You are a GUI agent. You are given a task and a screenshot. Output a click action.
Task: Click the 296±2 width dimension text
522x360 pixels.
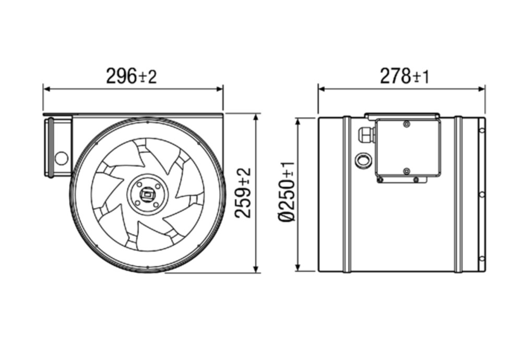[x=131, y=76]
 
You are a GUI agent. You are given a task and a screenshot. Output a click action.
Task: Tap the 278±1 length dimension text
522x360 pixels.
[x=405, y=76]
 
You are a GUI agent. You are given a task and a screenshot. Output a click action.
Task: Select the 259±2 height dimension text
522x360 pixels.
[x=243, y=193]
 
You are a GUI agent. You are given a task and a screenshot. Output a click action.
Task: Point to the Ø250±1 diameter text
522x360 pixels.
[x=287, y=191]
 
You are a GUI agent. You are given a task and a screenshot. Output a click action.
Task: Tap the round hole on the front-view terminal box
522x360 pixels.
[x=61, y=158]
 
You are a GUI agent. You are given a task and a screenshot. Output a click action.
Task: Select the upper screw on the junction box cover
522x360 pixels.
[x=406, y=124]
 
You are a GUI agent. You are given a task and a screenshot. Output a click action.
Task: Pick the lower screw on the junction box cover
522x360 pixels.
[x=406, y=171]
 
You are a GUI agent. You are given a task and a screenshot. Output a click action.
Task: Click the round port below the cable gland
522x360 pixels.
[x=363, y=160]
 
